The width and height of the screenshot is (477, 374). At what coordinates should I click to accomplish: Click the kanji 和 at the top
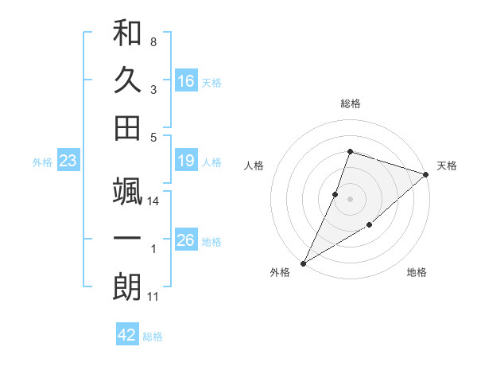127,34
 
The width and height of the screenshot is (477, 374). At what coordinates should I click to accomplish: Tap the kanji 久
127,80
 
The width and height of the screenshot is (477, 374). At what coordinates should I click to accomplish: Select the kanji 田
127,127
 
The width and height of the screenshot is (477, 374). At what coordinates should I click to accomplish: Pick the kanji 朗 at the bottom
127,286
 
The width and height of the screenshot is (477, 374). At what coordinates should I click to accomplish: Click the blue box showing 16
186,80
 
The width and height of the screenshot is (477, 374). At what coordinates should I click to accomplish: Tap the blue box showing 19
186,162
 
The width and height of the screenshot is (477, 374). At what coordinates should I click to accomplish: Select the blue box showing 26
186,240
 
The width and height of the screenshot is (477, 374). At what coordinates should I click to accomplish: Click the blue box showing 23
68,162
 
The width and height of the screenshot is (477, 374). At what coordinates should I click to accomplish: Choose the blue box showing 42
127,335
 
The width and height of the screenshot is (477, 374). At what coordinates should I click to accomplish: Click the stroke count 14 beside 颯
153,201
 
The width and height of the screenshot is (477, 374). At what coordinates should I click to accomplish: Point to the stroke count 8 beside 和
153,41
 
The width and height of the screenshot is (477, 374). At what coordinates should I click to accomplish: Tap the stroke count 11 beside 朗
153,297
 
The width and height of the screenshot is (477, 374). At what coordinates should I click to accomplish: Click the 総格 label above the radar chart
351,103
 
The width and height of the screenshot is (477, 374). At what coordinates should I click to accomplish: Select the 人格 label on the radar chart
254,166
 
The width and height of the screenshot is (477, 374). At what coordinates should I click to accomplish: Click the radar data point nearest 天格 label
426,174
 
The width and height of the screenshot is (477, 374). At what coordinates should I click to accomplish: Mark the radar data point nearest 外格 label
303,263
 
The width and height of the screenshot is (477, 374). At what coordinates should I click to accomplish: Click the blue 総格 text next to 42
153,337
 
